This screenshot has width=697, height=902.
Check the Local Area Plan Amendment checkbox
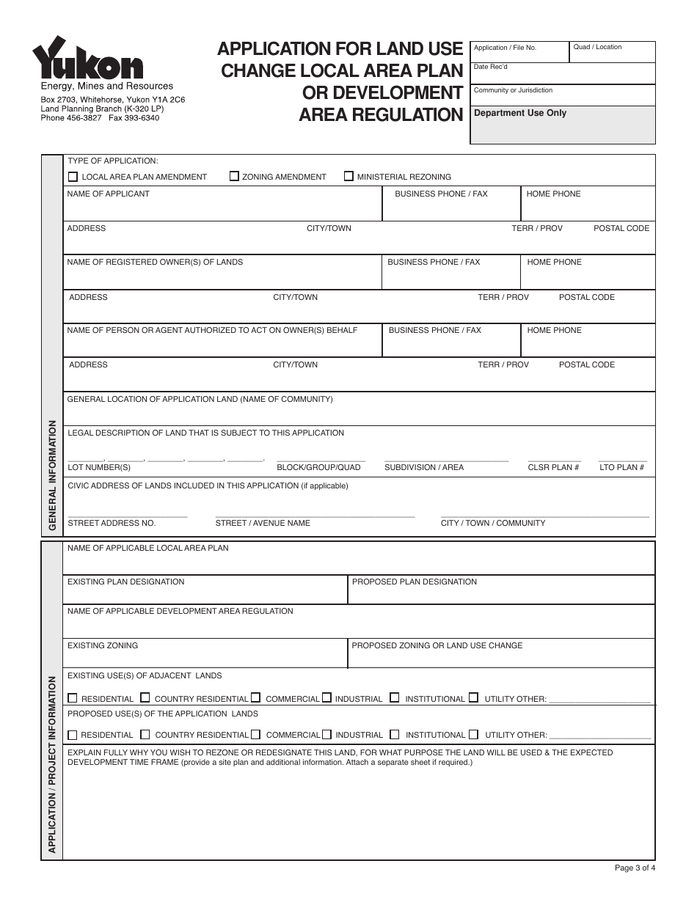click(73, 177)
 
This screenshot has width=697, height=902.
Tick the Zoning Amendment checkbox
click(234, 176)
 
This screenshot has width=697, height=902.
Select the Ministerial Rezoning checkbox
click(348, 176)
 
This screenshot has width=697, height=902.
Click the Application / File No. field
click(519, 52)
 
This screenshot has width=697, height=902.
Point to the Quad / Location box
click(612, 52)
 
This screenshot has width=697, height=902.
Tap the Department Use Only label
click(520, 113)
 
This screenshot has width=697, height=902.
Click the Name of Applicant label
click(108, 194)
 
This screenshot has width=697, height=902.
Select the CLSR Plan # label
click(553, 467)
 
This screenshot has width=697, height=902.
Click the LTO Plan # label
click(621, 467)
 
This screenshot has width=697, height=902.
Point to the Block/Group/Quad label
click(318, 467)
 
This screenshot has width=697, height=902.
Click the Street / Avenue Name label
click(263, 523)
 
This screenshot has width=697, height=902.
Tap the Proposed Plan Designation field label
click(415, 582)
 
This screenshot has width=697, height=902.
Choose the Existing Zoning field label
click(103, 645)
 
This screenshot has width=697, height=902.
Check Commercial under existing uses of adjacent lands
click(255, 698)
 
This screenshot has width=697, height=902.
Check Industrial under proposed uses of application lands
click(326, 734)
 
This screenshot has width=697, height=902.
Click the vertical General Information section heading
click(53, 475)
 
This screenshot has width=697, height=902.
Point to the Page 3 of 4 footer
click(635, 868)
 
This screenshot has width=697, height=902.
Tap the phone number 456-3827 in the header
click(87, 117)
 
